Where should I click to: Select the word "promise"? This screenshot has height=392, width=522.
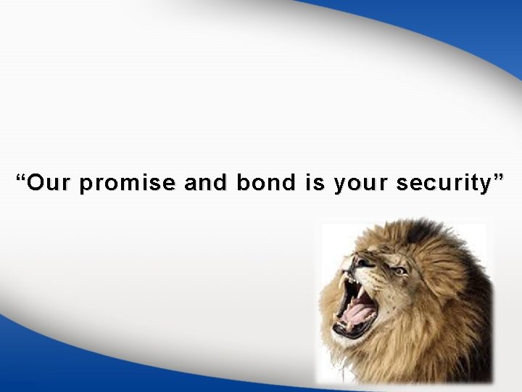[x=126, y=185]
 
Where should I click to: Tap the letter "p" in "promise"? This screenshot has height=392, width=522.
[x=87, y=187]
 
